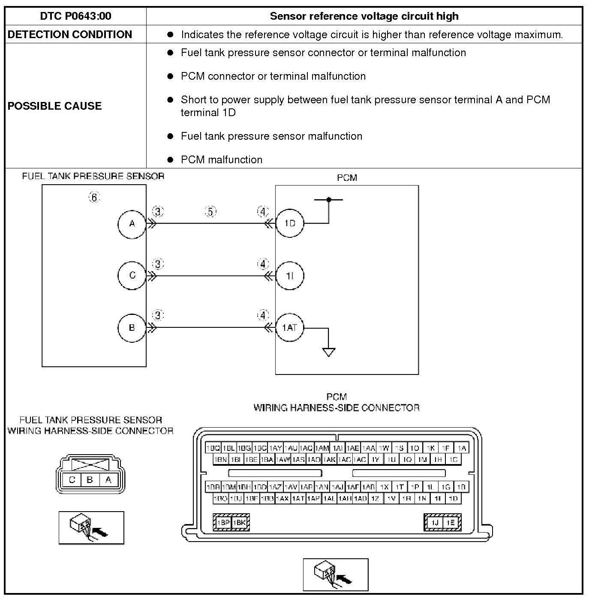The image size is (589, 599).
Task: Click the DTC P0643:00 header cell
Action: click(75, 16)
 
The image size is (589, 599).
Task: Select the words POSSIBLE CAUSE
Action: click(54, 106)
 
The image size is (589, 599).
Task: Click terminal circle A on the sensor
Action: click(132, 223)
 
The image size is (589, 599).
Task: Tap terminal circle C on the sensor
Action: click(132, 275)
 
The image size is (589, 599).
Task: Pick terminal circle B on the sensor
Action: click(132, 328)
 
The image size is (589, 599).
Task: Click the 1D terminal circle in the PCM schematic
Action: click(290, 223)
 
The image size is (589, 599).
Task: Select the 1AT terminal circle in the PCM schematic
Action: click(290, 328)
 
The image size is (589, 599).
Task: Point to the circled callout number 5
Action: click(210, 212)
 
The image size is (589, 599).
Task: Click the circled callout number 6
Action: click(94, 198)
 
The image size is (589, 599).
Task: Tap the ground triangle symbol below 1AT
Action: click(329, 352)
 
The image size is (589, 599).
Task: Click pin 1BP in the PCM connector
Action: click(223, 523)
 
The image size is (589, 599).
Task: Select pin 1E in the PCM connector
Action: click(450, 523)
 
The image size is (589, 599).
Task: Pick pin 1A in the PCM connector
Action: click(462, 448)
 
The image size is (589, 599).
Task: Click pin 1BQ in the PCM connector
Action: click(213, 448)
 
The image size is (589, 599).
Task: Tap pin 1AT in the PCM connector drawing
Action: click(298, 499)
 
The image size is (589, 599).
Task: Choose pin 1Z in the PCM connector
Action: click(375, 499)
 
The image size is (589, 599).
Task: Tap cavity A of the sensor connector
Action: click(108, 480)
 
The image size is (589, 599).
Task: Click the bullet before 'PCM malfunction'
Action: click(170, 160)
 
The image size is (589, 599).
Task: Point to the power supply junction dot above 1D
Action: click(329, 200)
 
